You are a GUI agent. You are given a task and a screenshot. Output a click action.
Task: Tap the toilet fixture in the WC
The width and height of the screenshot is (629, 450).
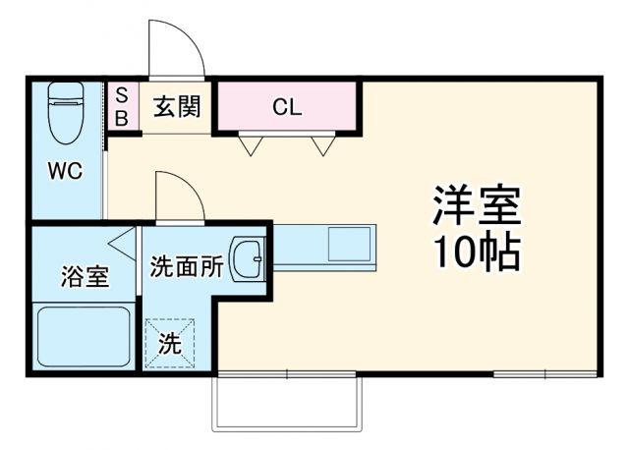coord(65,122)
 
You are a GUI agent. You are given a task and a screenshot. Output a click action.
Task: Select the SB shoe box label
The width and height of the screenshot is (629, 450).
coord(122,106)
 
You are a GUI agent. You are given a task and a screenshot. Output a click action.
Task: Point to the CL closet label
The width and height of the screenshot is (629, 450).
coord(287,106)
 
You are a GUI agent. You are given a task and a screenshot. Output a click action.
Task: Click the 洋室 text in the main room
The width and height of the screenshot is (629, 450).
coord(477,205)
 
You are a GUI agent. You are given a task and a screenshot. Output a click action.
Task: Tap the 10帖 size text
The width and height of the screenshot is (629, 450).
coord(477,253)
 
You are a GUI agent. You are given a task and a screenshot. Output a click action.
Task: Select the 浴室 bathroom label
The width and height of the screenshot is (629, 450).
coord(84,277)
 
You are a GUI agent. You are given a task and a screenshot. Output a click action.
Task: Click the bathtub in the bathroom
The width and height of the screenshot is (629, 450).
coord(84,337)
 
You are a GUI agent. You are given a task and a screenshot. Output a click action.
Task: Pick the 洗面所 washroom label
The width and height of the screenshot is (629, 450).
coord(187,264)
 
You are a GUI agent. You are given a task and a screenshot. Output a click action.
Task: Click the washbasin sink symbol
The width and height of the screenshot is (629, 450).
coord(248,259)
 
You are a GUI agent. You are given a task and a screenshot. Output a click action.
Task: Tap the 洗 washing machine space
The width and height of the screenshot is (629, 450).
coord(170,344)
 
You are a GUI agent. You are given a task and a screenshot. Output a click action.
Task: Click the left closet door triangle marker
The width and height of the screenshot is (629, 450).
coord(251,146)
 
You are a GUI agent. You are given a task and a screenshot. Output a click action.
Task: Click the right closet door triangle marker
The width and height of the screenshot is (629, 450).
coord(322,146)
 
